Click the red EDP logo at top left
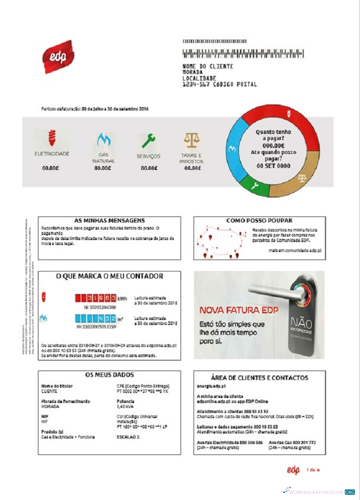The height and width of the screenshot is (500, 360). tap(58, 56)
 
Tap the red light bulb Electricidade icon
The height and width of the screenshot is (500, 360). tap(51, 138)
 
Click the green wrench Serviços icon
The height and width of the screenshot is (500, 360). tap(148, 140)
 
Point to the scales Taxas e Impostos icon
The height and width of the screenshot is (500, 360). tap(191, 140)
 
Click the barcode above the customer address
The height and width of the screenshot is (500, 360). tap(243, 53)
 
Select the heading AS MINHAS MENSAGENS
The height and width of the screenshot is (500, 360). tap(109, 220)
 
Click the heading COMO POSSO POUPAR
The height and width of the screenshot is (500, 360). tap(259, 220)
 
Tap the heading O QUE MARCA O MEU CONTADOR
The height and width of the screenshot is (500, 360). tap(109, 276)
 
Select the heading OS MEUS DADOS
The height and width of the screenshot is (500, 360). tap(109, 375)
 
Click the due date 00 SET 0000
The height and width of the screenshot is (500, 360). tap(273, 165)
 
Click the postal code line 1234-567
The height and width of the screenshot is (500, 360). tap(219, 84)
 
